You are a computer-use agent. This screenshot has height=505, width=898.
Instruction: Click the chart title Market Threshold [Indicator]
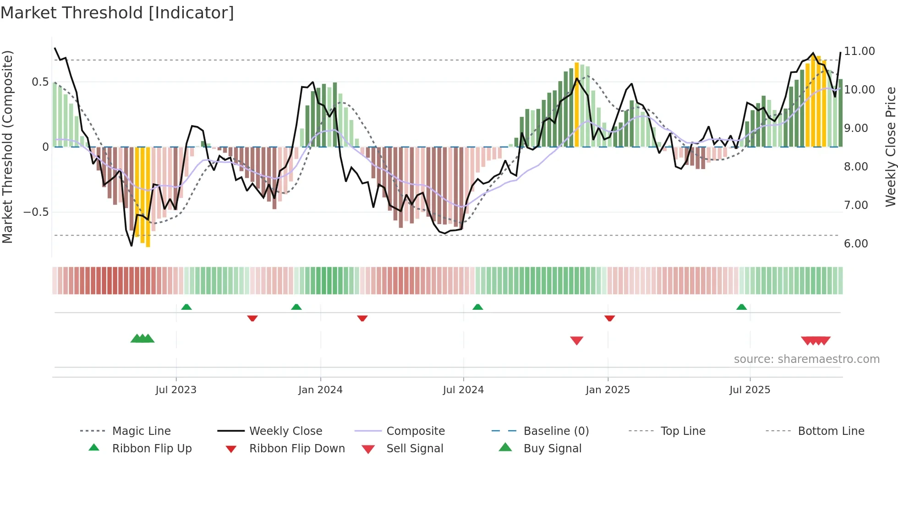[117, 13]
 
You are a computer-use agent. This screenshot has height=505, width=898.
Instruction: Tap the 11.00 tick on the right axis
[859, 51]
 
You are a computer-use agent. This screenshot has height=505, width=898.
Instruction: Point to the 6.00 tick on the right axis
[856, 244]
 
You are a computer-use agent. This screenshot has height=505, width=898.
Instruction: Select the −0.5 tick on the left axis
[36, 212]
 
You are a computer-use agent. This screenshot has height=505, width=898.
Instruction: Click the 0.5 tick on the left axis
[40, 82]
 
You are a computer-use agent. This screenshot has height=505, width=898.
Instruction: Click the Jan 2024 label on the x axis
[320, 390]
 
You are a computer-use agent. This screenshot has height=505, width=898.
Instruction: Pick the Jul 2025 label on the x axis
[750, 390]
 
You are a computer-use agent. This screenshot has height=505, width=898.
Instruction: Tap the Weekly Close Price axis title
[890, 147]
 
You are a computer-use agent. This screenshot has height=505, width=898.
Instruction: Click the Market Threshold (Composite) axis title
[7, 147]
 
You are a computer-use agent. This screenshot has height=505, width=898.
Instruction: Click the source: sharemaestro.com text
[806, 359]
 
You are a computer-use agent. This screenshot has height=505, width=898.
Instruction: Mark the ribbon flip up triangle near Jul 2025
[741, 307]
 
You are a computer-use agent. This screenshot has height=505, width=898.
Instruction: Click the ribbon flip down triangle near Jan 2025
[609, 318]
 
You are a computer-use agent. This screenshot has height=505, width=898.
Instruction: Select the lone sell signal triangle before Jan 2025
[576, 340]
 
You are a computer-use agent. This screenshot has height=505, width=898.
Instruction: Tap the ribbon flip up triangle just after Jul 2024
[477, 307]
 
